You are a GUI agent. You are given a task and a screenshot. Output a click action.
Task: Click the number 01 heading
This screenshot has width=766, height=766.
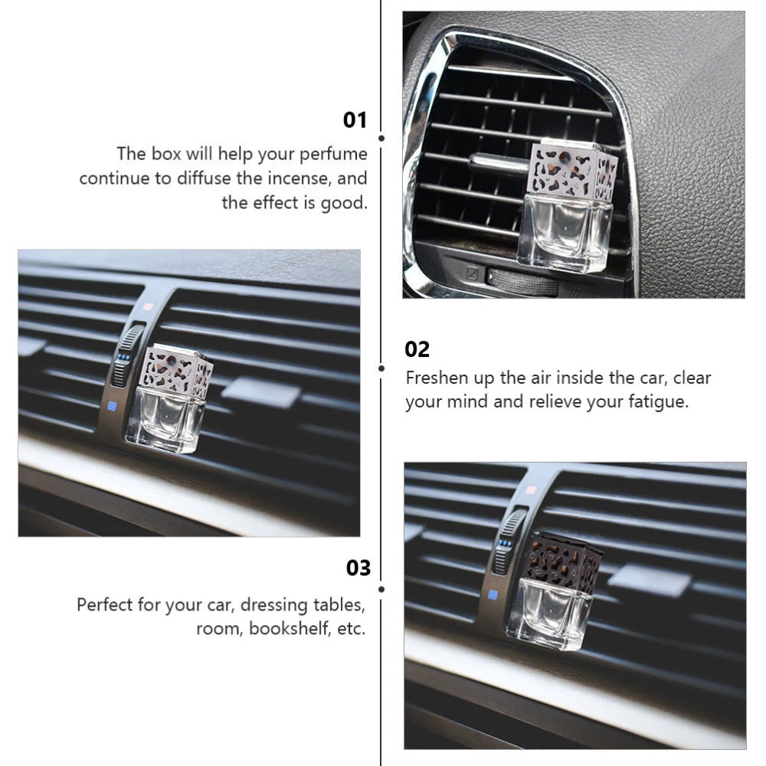[x=355, y=120]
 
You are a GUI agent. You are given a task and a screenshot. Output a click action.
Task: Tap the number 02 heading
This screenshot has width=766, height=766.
[x=417, y=349]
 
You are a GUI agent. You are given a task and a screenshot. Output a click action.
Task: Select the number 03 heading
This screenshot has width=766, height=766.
[x=358, y=568]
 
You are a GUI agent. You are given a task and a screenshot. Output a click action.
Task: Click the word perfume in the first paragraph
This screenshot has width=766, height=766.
[x=333, y=155]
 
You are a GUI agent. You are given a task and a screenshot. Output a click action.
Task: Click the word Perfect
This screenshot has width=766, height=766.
[x=104, y=605]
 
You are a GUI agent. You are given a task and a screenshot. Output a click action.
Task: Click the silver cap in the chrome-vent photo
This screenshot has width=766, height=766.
[x=574, y=169]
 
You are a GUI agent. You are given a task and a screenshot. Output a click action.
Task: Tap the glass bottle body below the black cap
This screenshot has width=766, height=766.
[x=549, y=614]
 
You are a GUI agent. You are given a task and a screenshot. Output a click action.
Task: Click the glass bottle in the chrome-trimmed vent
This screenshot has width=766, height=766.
[x=565, y=232]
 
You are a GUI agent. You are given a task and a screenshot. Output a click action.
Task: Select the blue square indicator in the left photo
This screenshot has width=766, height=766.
[x=112, y=405]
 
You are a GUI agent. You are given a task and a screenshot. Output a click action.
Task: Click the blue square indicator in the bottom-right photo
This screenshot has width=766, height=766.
[x=493, y=594]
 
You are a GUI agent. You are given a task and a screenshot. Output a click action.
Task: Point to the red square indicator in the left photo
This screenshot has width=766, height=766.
[x=148, y=307]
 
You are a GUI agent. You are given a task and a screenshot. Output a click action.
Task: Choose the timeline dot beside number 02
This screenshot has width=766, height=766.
[x=381, y=368]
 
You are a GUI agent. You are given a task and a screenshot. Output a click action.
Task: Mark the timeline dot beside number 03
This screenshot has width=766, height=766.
[x=381, y=589]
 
